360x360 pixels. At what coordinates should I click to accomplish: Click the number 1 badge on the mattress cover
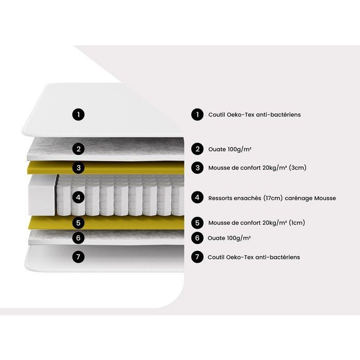(x=79, y=114)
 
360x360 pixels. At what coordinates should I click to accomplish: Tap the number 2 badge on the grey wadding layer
(x=79, y=149)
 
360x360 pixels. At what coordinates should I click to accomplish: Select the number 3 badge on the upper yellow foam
(x=79, y=168)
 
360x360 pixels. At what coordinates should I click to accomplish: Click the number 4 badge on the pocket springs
(x=79, y=197)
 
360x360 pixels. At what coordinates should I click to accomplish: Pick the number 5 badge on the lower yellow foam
(x=79, y=223)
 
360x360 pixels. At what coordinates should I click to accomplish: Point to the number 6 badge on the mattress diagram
(x=79, y=238)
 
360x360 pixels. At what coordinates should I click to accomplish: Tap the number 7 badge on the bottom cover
(x=79, y=257)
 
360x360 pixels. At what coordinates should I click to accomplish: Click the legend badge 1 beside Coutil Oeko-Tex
(x=197, y=114)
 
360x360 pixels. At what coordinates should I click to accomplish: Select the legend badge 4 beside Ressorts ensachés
(x=197, y=197)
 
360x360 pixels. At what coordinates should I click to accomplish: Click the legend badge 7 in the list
(x=197, y=257)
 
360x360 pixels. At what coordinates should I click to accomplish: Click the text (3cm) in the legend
(x=298, y=168)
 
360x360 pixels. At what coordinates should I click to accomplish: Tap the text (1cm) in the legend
(x=297, y=223)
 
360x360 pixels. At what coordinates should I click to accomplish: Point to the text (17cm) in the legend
(x=273, y=198)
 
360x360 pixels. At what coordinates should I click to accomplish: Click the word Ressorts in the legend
(x=219, y=198)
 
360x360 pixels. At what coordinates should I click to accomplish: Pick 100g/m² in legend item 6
(x=239, y=238)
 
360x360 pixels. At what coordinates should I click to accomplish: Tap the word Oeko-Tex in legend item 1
(x=241, y=115)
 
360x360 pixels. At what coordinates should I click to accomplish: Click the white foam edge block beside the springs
(x=42, y=195)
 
